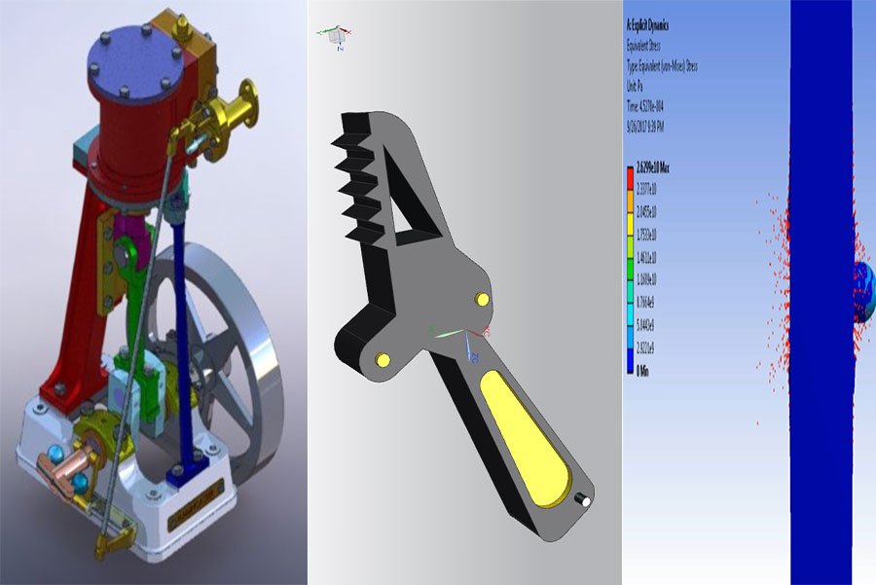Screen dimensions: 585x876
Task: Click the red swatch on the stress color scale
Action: [630, 178]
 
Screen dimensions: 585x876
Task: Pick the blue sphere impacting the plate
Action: [863, 291]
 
